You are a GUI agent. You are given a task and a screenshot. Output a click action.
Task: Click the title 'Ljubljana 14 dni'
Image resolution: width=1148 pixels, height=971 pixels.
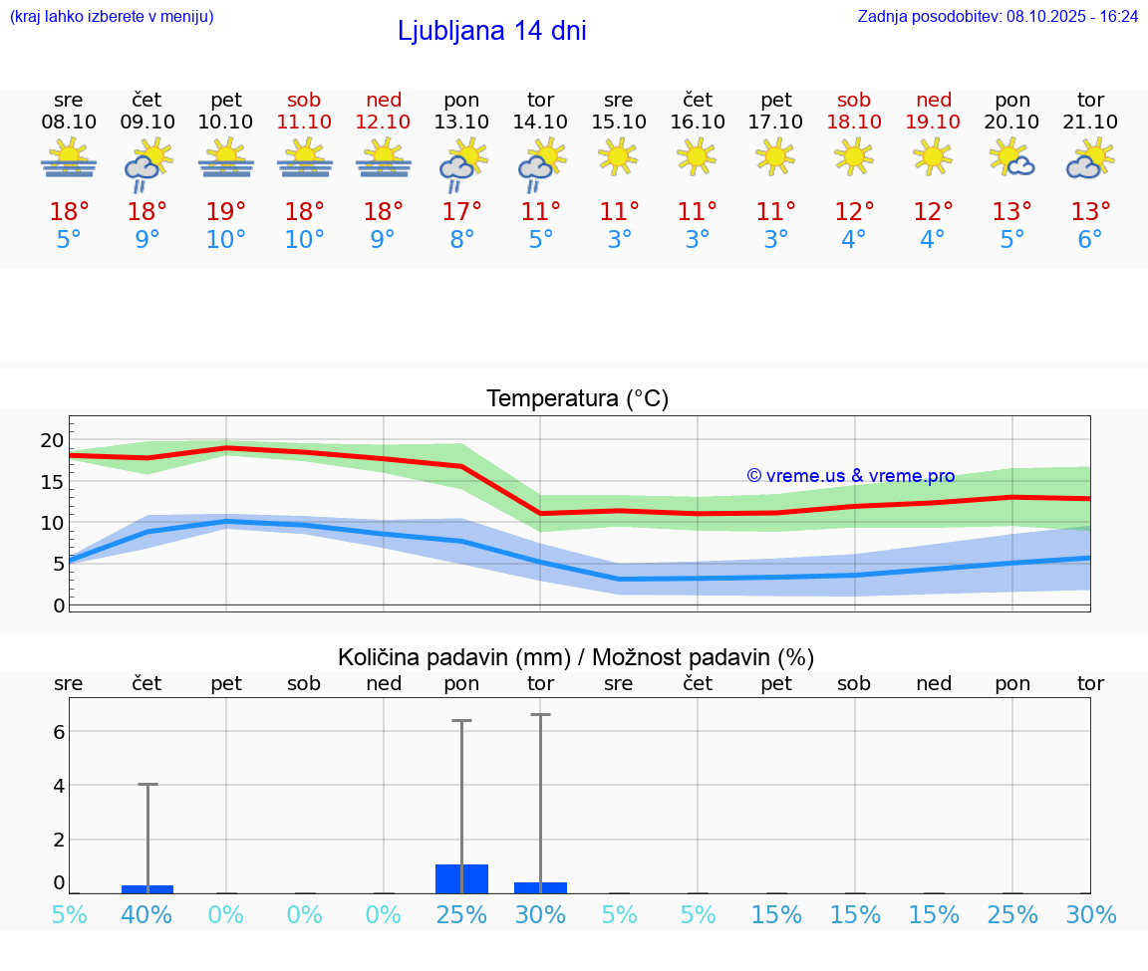(x=491, y=31)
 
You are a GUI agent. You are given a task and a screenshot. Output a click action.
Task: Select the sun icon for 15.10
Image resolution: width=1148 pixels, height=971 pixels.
(x=618, y=156)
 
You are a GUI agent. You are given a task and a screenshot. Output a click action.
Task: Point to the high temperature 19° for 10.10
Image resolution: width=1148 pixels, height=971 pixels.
(x=226, y=211)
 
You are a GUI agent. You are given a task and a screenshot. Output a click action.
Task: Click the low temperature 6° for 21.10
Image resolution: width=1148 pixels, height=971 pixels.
(x=1090, y=240)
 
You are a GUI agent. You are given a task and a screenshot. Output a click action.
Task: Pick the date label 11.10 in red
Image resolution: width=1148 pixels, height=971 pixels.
(x=304, y=121)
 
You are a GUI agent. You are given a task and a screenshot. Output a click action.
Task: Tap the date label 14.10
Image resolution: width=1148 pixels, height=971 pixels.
(x=540, y=121)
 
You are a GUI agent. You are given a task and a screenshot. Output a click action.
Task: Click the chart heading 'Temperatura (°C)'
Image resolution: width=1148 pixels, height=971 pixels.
(x=577, y=399)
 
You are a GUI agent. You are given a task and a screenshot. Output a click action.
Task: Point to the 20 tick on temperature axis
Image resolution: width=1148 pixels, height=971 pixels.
(x=52, y=440)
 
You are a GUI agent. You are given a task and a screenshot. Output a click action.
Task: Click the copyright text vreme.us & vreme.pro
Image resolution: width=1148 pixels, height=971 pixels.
(x=850, y=476)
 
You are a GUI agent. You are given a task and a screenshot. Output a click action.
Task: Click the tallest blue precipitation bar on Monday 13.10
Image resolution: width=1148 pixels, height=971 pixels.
(x=461, y=878)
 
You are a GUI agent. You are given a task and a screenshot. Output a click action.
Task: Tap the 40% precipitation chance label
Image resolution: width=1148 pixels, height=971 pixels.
(x=147, y=914)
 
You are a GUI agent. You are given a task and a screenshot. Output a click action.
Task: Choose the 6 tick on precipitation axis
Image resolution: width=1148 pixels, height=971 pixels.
(x=59, y=731)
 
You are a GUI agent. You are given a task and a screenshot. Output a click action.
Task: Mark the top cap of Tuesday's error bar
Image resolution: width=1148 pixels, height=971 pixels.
(x=540, y=715)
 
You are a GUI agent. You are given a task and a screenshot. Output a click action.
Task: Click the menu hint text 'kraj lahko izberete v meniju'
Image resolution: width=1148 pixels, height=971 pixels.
(x=112, y=17)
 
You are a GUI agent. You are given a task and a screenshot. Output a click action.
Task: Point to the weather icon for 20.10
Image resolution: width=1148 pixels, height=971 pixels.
(x=1012, y=157)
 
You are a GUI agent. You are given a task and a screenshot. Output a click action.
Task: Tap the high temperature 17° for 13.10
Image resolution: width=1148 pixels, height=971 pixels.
(x=461, y=211)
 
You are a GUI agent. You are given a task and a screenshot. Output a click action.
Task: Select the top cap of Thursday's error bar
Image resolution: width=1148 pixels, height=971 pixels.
(x=147, y=785)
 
